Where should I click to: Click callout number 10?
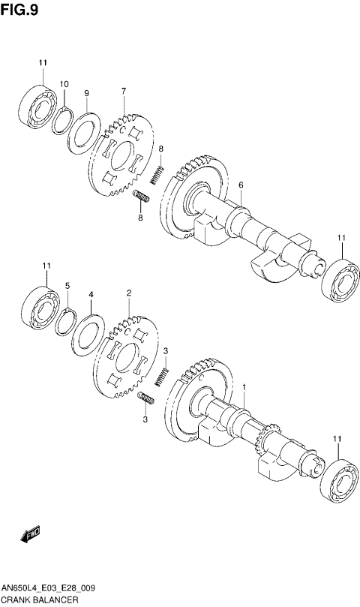tap(64, 83)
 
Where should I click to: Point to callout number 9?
tap(87, 93)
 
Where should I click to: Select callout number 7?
tap(123, 91)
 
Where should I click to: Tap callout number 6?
tap(241, 185)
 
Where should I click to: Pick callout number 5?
tap(67, 286)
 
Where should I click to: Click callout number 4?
tap(90, 295)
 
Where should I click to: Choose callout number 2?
tap(129, 293)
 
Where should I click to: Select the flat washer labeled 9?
tap(83, 132)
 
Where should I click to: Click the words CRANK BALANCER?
tap(37, 601)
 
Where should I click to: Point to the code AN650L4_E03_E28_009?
tap(47, 589)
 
